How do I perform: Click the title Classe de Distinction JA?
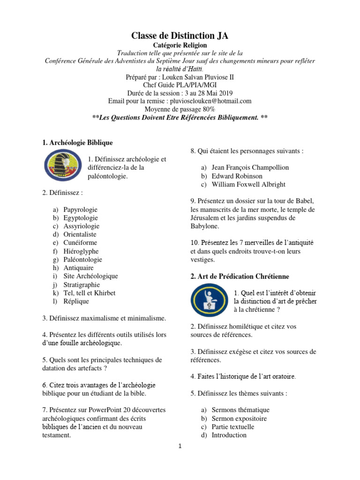pos(180,36)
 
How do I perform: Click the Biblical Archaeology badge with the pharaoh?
pos(62,167)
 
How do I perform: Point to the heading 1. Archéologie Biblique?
pos(77,142)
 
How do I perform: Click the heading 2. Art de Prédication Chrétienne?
pos(240,277)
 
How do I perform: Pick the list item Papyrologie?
pos(81,210)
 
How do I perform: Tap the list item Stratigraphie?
pos(82,285)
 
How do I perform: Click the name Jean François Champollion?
pos(250,167)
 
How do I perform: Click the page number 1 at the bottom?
pos(180,447)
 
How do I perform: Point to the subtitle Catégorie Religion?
pos(180,45)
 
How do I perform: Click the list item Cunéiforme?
pos(80,243)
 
